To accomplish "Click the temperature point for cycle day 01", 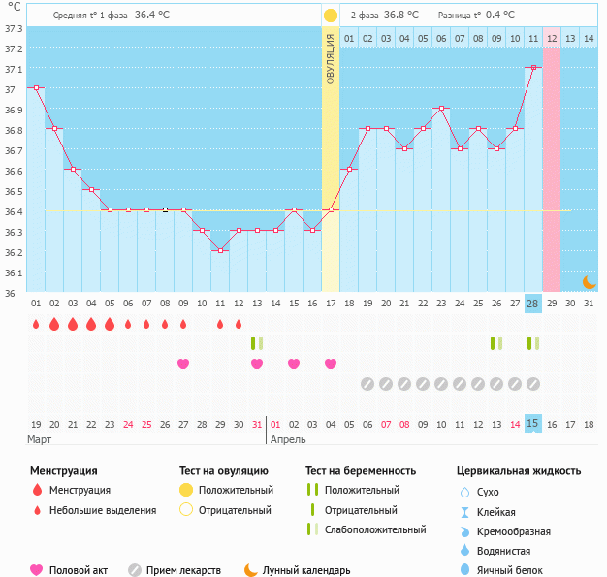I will [36, 87].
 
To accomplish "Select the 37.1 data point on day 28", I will [532, 68].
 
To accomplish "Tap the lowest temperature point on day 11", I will [220, 250].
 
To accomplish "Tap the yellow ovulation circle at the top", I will [331, 16].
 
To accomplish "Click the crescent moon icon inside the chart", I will [589, 281].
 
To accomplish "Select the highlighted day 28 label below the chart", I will [532, 304].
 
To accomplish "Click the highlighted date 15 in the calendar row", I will [532, 424].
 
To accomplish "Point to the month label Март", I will [41, 439].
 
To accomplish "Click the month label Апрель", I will [288, 439].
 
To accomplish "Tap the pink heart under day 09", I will [183, 364].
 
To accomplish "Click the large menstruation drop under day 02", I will [54, 324].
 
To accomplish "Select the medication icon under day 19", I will [367, 384].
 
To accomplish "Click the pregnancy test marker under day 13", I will [257, 343].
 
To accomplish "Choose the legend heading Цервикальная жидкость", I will [519, 470].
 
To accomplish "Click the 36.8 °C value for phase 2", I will [401, 15].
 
